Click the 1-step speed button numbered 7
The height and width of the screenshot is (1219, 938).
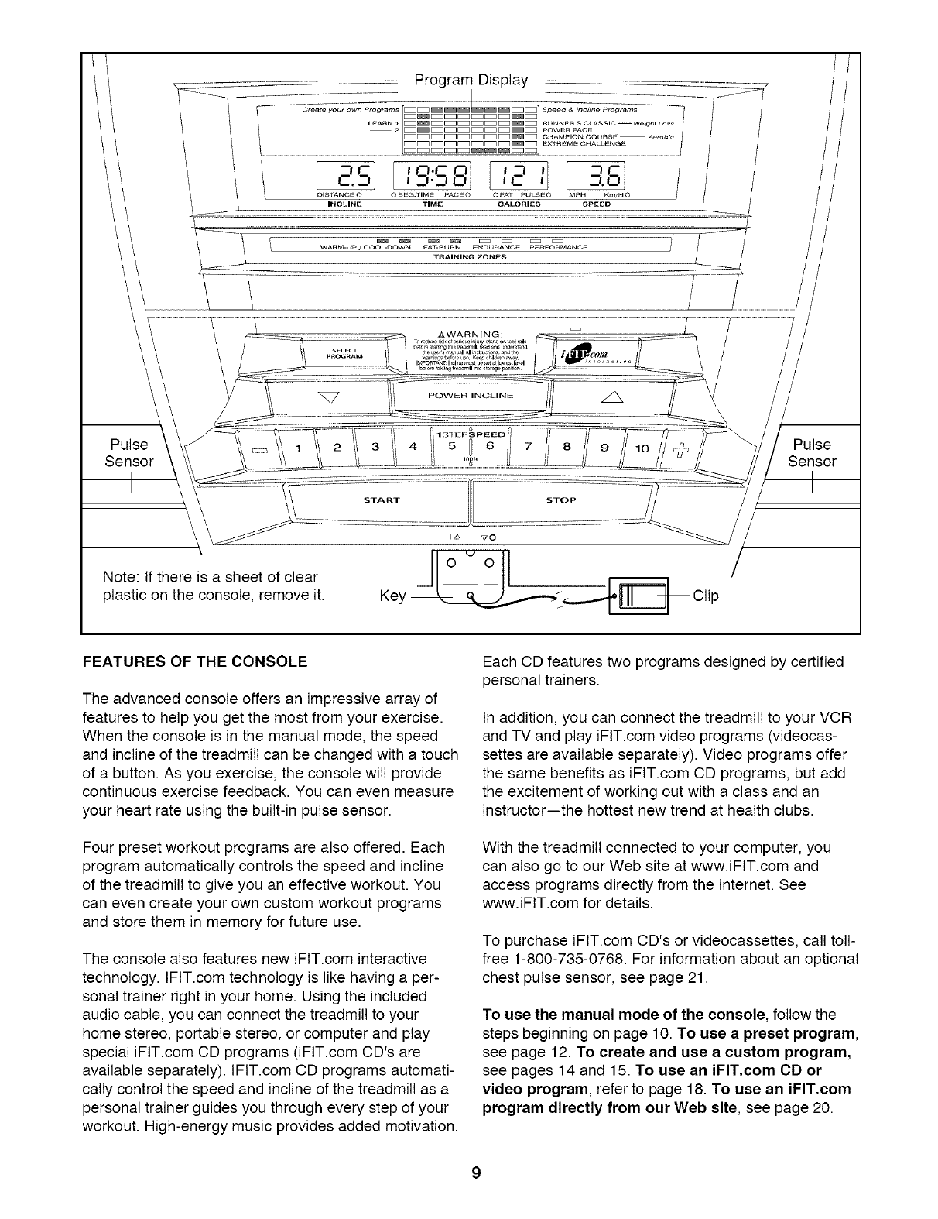528,446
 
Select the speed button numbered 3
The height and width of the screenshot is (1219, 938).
375,446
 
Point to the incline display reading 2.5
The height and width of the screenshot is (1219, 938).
353,177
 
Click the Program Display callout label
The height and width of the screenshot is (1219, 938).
471,80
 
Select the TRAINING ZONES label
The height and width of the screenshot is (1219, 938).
471,257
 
